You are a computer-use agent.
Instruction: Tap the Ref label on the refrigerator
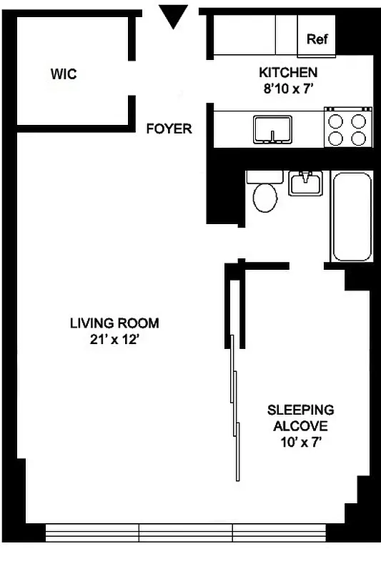pos(317,40)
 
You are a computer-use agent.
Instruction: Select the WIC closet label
pos(64,74)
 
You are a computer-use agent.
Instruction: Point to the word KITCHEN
pos(288,73)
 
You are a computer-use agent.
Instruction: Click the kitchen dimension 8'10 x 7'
pos(288,88)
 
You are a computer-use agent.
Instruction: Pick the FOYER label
pos(169,129)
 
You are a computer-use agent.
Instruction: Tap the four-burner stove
pos(348,127)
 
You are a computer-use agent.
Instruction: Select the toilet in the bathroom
pos(265,194)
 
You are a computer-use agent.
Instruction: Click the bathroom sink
pos(306,183)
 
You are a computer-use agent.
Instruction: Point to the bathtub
pos(351,216)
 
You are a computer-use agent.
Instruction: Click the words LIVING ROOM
pos(114,323)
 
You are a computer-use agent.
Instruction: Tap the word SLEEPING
pos(300,410)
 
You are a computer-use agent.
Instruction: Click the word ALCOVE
pos(300,426)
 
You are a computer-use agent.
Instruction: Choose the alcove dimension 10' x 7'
pos(300,443)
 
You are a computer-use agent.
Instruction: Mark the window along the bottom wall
pos(186,532)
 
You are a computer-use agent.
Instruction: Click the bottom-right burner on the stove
pos(359,136)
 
